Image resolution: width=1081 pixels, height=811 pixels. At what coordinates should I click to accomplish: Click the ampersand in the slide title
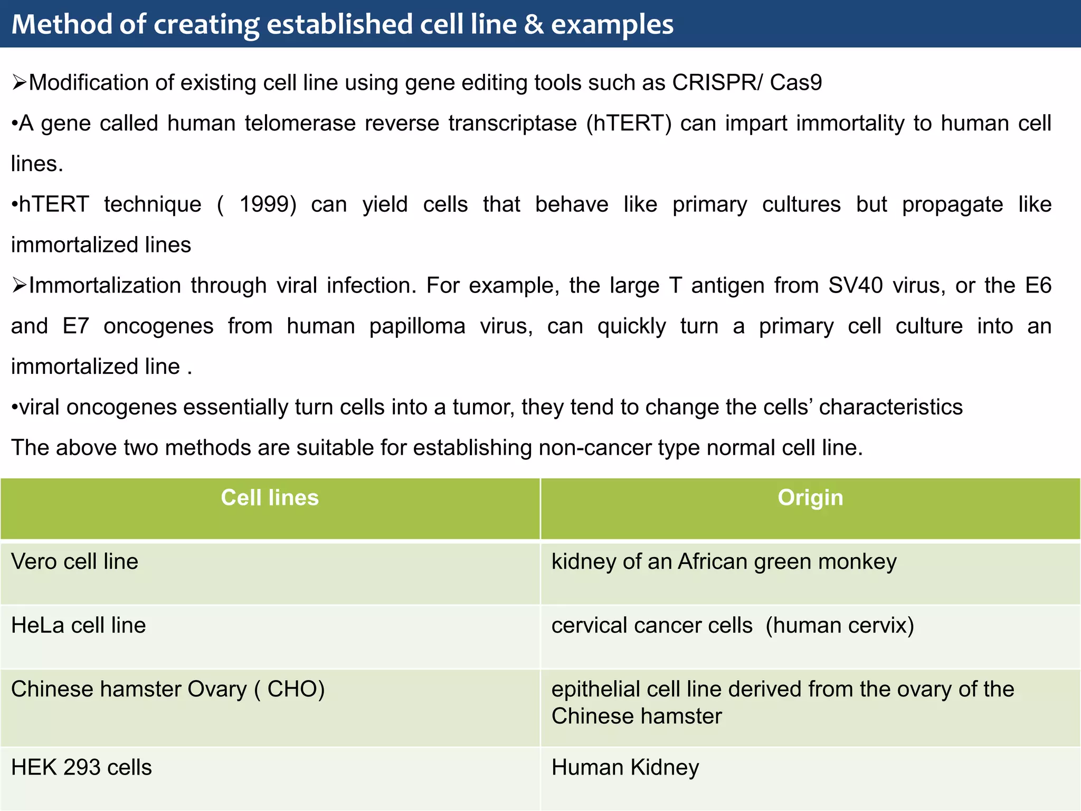534,25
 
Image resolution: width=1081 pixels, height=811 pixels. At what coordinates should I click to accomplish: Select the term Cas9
796,83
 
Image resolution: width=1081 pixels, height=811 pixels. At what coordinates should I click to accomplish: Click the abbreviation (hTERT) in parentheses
629,124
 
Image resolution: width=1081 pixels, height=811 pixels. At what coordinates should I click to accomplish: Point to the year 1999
268,204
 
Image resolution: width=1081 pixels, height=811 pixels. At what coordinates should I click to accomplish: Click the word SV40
855,286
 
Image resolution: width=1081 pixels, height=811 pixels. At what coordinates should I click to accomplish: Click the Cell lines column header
270,498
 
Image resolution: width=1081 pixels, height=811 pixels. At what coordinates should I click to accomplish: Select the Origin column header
810,498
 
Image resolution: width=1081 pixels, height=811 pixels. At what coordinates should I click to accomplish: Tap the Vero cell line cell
74,562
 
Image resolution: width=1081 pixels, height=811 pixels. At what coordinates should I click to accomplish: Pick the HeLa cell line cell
78,626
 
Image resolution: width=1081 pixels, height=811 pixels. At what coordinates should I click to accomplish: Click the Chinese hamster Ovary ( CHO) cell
167,690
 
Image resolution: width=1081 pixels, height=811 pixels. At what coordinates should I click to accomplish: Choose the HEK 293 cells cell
81,768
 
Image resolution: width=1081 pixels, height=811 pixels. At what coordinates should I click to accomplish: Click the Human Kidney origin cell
625,768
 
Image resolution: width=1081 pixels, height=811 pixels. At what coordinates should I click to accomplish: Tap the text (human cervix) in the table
839,626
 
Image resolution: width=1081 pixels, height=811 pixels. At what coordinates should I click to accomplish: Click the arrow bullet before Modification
20,83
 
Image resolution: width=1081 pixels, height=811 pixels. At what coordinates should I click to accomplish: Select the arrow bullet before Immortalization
20,286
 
